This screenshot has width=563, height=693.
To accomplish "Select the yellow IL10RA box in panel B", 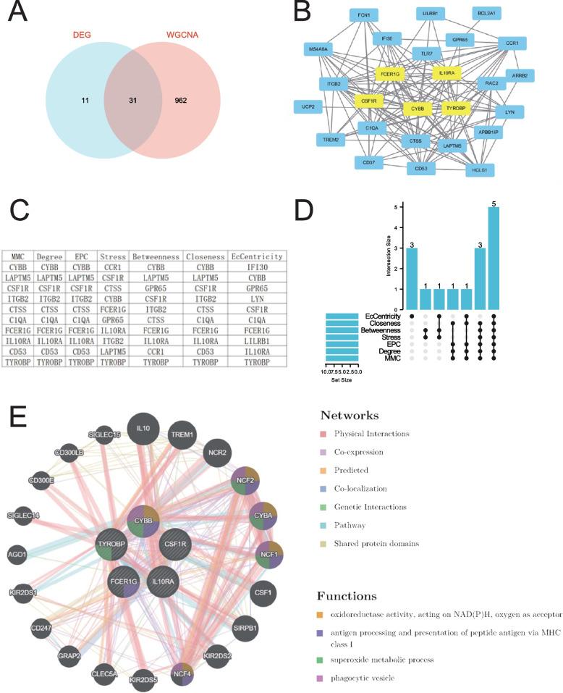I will [446, 73].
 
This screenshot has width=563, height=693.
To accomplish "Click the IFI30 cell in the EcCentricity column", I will [258, 266].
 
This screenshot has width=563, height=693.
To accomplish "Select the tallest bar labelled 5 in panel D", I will [494, 249].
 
